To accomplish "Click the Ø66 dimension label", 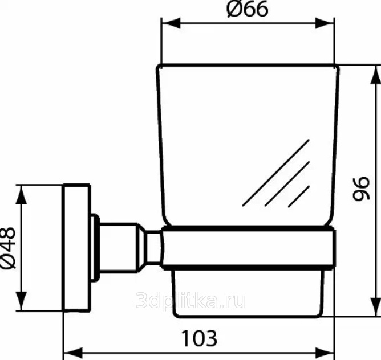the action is click(248, 9).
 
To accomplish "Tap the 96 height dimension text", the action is click(362, 189).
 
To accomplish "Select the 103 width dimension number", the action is click(199, 338).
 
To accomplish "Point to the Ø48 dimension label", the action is click(8, 248).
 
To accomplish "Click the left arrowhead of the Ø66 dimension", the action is click(171, 23).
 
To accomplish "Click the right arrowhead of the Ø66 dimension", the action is click(325, 23).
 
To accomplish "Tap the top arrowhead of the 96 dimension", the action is click(376, 75).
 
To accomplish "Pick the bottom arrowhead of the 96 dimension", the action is click(376, 306).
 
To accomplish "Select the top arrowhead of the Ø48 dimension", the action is click(21, 194).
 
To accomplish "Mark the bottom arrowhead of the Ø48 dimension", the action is click(21, 301).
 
